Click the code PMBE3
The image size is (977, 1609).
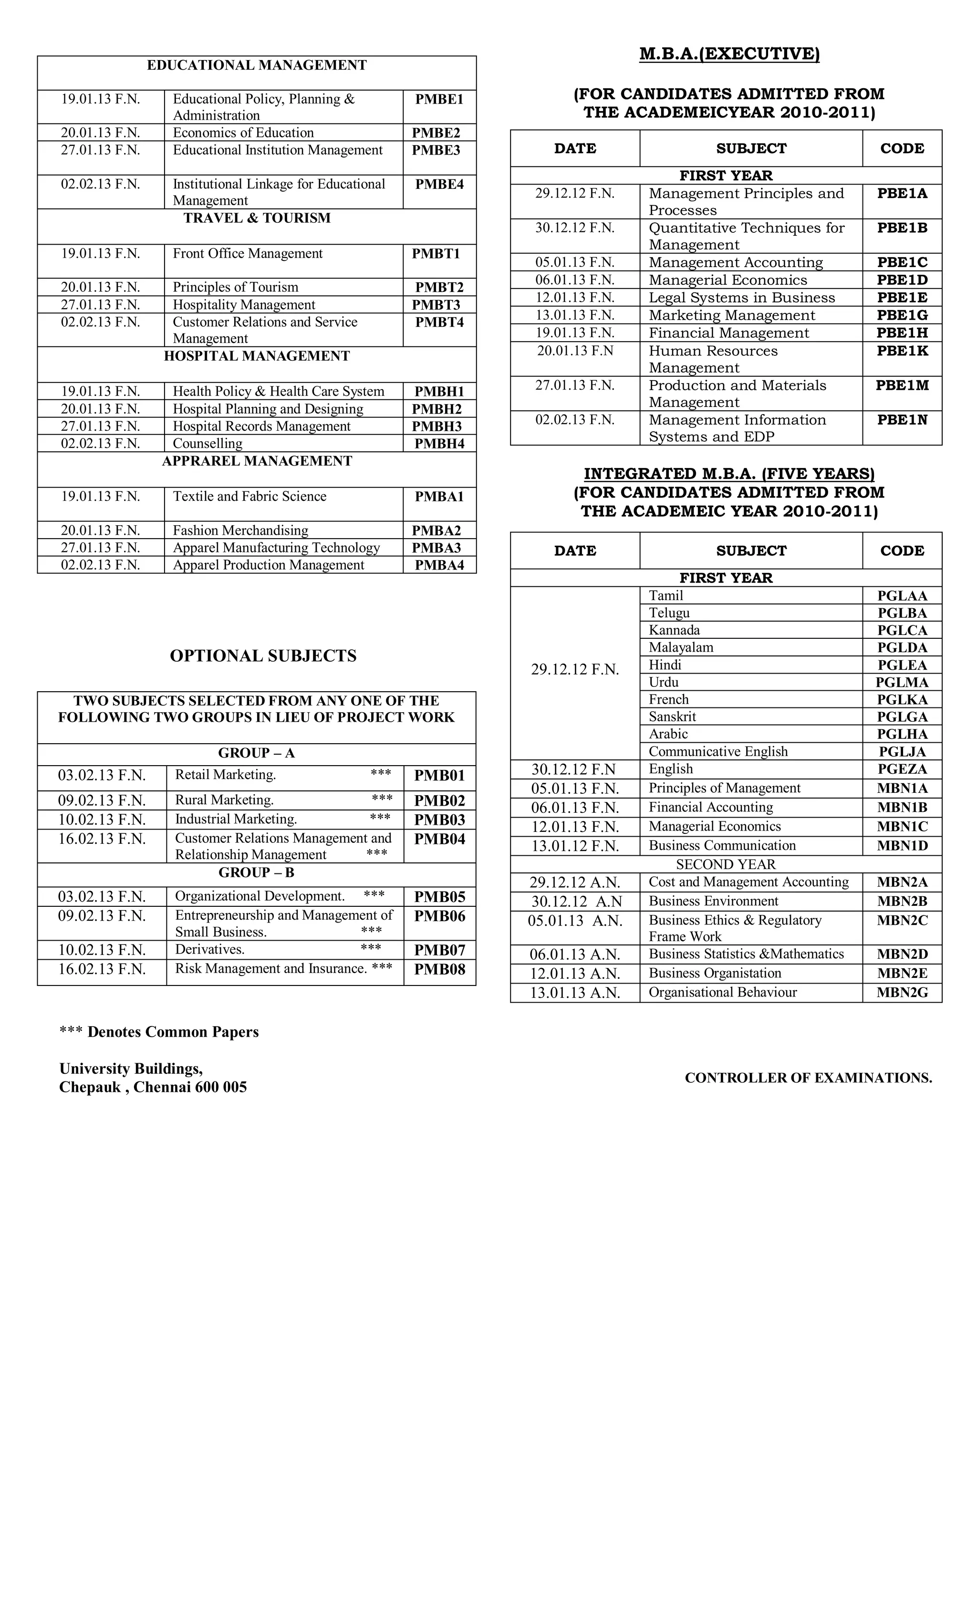pyautogui.click(x=436, y=150)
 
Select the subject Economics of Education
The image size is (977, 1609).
pyautogui.click(x=243, y=133)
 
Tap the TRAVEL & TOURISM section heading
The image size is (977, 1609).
pyautogui.click(x=257, y=218)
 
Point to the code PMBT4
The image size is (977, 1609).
pyautogui.click(x=439, y=322)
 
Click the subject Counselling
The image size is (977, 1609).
pyautogui.click(x=207, y=443)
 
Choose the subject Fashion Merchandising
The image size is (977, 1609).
pyautogui.click(x=240, y=530)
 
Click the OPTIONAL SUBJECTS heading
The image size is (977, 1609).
pyautogui.click(x=263, y=655)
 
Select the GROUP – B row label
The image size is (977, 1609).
pyautogui.click(x=256, y=872)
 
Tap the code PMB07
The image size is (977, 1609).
pyautogui.click(x=439, y=950)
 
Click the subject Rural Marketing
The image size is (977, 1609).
pyautogui.click(x=224, y=800)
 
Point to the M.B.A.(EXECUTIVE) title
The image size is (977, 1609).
pyautogui.click(x=729, y=53)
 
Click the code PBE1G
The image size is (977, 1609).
pyautogui.click(x=902, y=315)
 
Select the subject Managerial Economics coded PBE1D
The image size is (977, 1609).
pyautogui.click(x=728, y=280)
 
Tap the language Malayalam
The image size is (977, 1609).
pyautogui.click(x=680, y=647)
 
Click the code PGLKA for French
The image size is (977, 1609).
pyautogui.click(x=902, y=699)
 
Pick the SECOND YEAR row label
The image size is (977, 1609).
pyautogui.click(x=726, y=864)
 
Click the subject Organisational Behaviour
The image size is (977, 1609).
pyautogui.click(x=722, y=993)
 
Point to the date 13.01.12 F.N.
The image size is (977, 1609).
pyautogui.click(x=575, y=846)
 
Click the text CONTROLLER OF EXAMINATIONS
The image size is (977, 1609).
pyautogui.click(x=808, y=1078)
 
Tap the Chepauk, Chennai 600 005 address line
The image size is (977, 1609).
pyautogui.click(x=153, y=1087)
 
